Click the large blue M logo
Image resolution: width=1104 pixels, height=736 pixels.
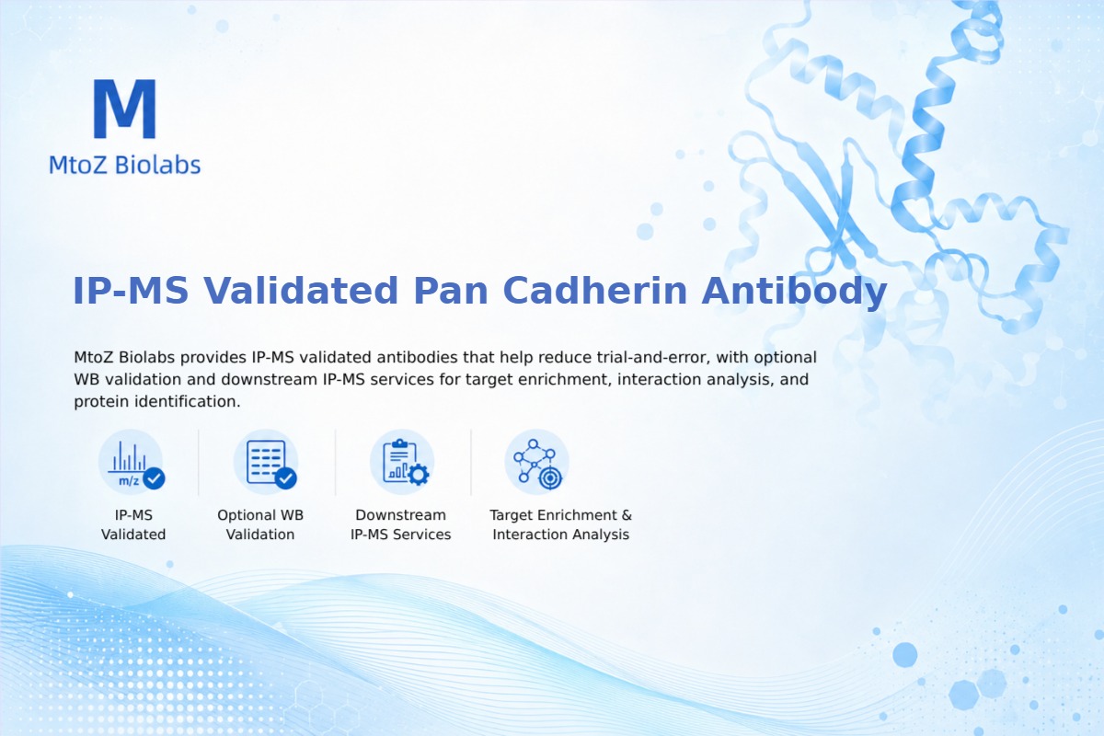coord(125,109)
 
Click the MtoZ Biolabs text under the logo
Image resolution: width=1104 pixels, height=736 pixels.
coord(125,165)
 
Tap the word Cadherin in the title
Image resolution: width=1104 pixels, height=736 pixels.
coord(595,291)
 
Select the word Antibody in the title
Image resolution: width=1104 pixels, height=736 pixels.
coord(794,292)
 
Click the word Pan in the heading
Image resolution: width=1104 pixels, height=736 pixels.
coord(451,291)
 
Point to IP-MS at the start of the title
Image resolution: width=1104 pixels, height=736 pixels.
coord(131,291)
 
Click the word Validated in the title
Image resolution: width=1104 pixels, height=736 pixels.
coord(301,291)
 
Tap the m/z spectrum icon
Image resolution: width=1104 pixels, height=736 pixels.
coord(132,463)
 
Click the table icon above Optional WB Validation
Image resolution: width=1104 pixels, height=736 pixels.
coord(266,463)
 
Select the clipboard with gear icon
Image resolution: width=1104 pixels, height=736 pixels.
coord(402,463)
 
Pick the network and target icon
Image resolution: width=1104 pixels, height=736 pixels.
coord(536,463)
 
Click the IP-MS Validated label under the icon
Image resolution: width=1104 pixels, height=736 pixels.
coord(133,524)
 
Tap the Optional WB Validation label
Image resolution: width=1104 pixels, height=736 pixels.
coord(260,524)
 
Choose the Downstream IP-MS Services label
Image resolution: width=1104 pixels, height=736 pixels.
coord(401,524)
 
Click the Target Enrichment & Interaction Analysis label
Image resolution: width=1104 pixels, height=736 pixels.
coord(561,524)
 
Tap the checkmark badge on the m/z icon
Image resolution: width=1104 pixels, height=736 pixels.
coord(154,478)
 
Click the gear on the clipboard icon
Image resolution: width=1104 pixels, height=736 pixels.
coord(419,474)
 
